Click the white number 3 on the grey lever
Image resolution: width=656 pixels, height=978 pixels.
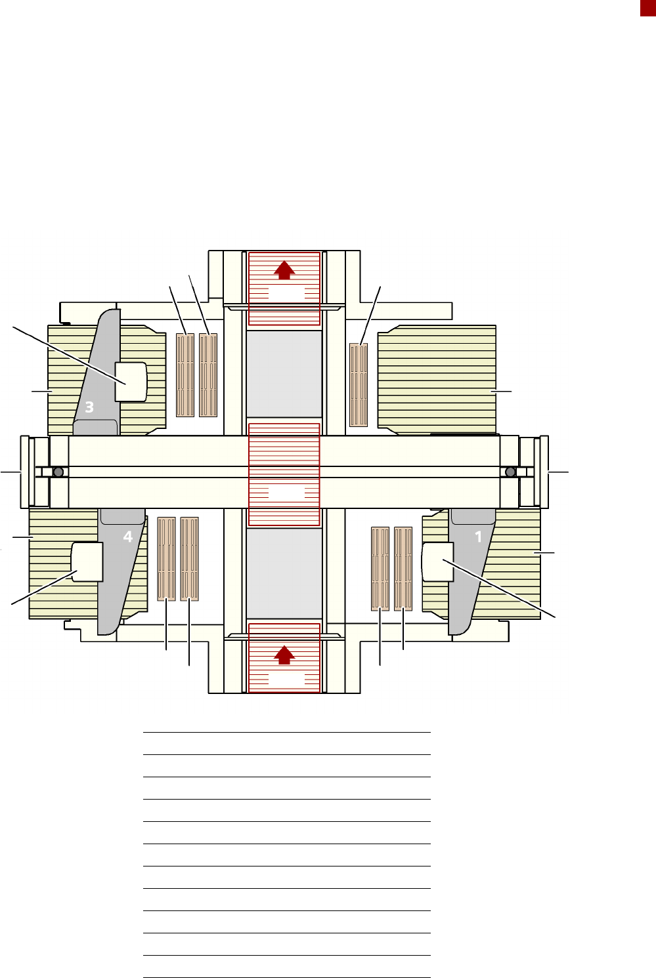(x=89, y=407)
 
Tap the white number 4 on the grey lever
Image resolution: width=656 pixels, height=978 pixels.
(x=127, y=536)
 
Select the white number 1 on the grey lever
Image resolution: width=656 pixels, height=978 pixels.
(x=478, y=537)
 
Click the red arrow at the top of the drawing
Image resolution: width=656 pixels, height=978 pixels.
(x=284, y=270)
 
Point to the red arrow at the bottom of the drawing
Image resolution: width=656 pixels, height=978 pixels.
(x=284, y=655)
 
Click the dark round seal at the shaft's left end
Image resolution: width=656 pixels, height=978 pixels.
(x=58, y=472)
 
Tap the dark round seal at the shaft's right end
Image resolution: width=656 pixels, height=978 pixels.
(x=510, y=472)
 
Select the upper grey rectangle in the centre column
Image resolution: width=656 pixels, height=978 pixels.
(x=284, y=374)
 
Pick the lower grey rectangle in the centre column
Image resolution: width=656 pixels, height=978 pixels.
(x=284, y=573)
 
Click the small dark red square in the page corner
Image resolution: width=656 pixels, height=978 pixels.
(x=648, y=8)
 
